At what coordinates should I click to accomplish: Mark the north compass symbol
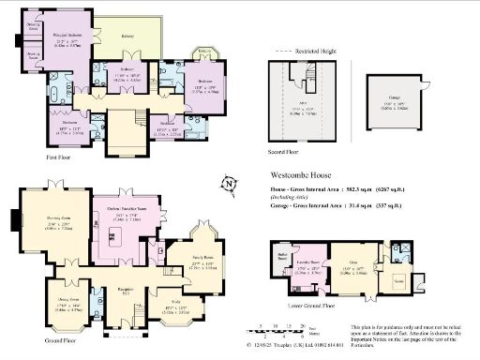click(x=226, y=184)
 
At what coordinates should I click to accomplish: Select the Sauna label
click(x=399, y=281)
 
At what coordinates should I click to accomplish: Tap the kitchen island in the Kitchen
click(x=133, y=230)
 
